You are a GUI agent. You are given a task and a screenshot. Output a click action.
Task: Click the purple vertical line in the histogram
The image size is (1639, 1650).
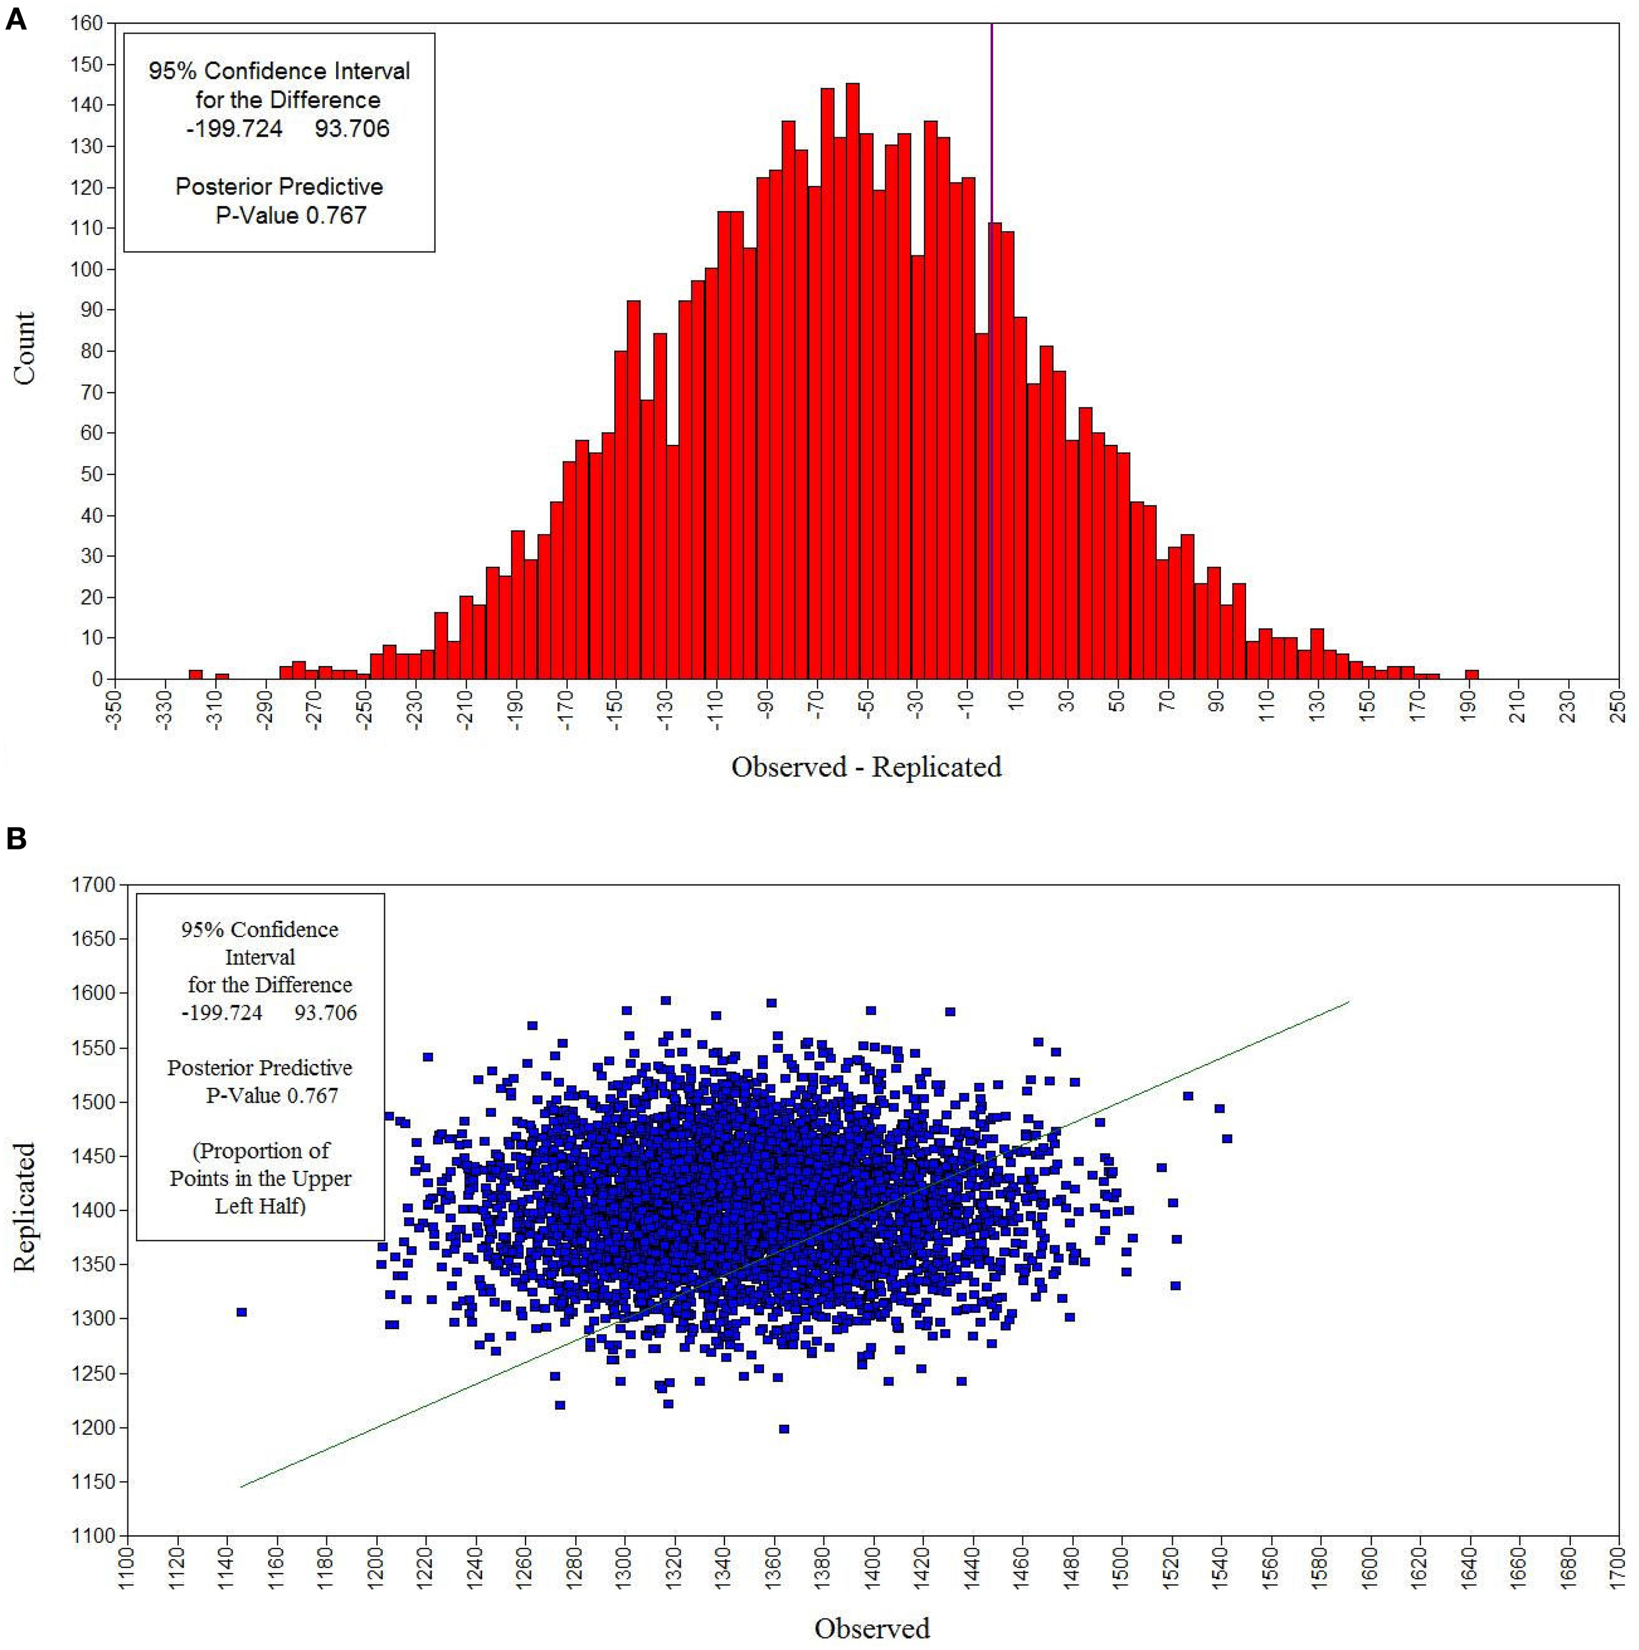991,128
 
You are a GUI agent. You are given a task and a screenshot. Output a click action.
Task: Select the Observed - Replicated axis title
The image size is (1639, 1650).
866,767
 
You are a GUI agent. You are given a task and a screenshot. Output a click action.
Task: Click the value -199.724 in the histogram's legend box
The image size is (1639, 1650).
234,129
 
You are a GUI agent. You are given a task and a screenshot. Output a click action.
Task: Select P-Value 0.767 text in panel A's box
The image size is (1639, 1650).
291,215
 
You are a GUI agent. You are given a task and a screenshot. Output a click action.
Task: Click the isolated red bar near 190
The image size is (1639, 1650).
1471,674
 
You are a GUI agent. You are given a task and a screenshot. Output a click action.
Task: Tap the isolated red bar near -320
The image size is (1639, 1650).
195,674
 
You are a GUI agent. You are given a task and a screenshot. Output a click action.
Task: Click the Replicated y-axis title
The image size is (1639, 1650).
25,1206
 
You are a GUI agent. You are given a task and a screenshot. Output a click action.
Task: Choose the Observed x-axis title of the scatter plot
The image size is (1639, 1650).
872,1628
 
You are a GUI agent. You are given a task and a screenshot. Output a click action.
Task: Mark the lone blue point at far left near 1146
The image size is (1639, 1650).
242,1312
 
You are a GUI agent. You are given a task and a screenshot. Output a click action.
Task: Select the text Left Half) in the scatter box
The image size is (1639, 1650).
260,1206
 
